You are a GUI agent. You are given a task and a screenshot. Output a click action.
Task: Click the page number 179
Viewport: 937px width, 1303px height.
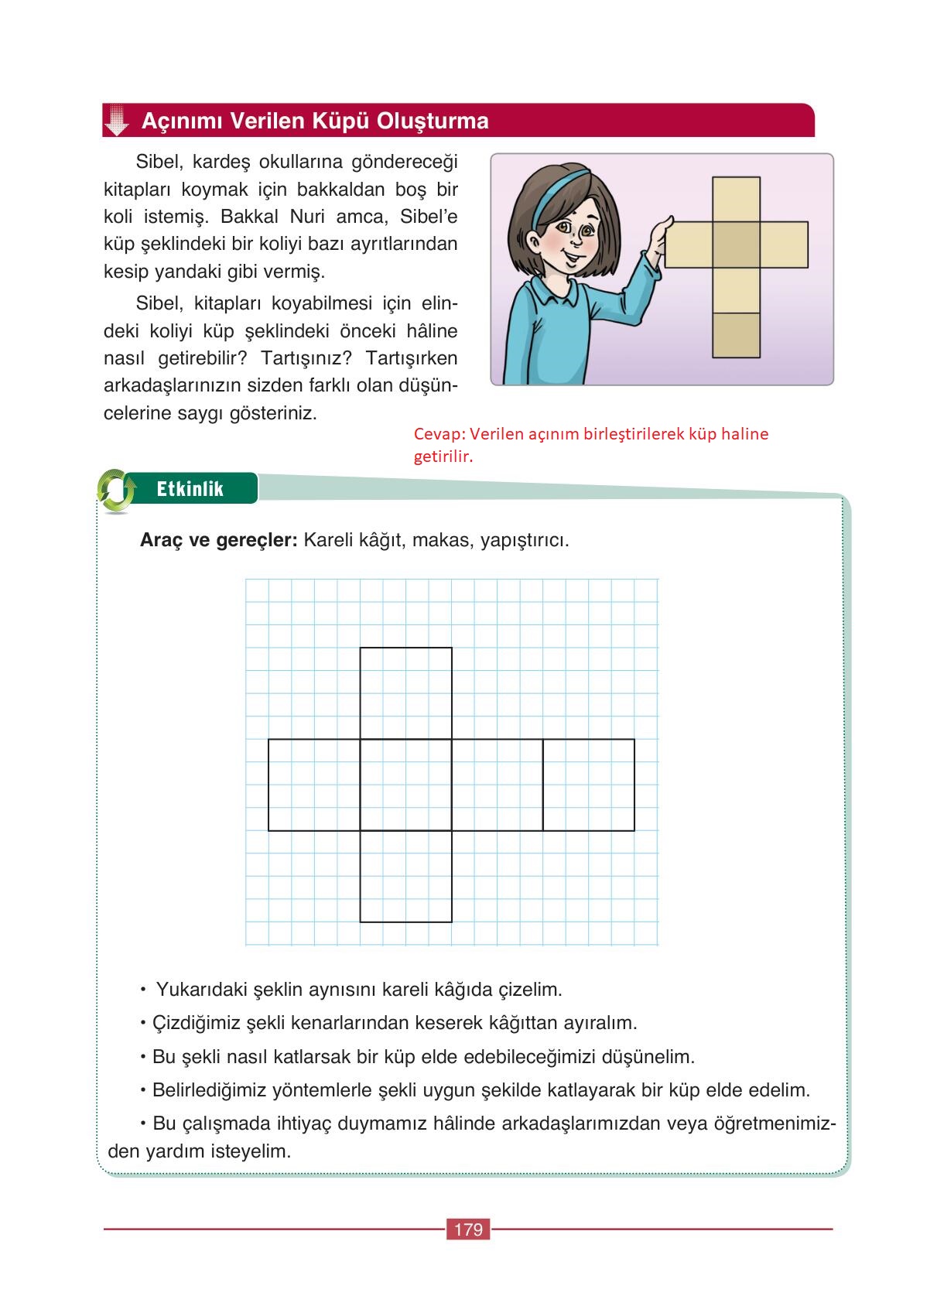point(469,1229)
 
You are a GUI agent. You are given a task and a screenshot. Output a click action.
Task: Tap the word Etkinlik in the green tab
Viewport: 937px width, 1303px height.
point(190,489)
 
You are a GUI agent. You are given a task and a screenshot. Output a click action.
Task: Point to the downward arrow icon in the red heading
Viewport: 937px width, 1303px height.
point(117,121)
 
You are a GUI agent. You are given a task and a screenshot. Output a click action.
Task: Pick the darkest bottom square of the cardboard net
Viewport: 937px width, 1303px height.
point(736,335)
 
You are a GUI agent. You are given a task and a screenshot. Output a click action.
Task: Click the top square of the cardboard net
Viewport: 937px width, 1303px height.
point(736,200)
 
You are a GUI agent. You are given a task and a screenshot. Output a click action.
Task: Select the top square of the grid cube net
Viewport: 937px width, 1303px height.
point(406,693)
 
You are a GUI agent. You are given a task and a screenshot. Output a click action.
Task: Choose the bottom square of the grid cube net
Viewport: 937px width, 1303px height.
point(406,876)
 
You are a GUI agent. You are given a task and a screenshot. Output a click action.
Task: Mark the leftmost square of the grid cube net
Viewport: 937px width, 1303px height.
point(314,785)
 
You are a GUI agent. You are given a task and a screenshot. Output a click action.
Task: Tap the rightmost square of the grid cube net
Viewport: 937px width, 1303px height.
point(589,785)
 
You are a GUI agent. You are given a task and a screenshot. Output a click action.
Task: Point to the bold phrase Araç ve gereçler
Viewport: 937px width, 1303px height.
point(218,540)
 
